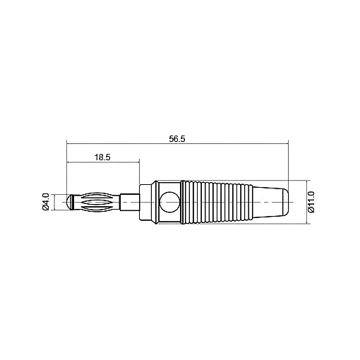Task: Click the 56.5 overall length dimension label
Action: [177, 139]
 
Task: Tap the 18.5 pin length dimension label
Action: [102, 157]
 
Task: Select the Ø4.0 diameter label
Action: [45, 202]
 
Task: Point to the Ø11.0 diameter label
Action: [311, 202]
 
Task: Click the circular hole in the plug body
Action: [169, 202]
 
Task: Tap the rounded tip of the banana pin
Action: [70, 202]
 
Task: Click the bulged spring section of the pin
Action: [97, 202]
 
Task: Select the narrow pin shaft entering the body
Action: [130, 202]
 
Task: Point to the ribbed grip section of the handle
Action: [217, 202]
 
